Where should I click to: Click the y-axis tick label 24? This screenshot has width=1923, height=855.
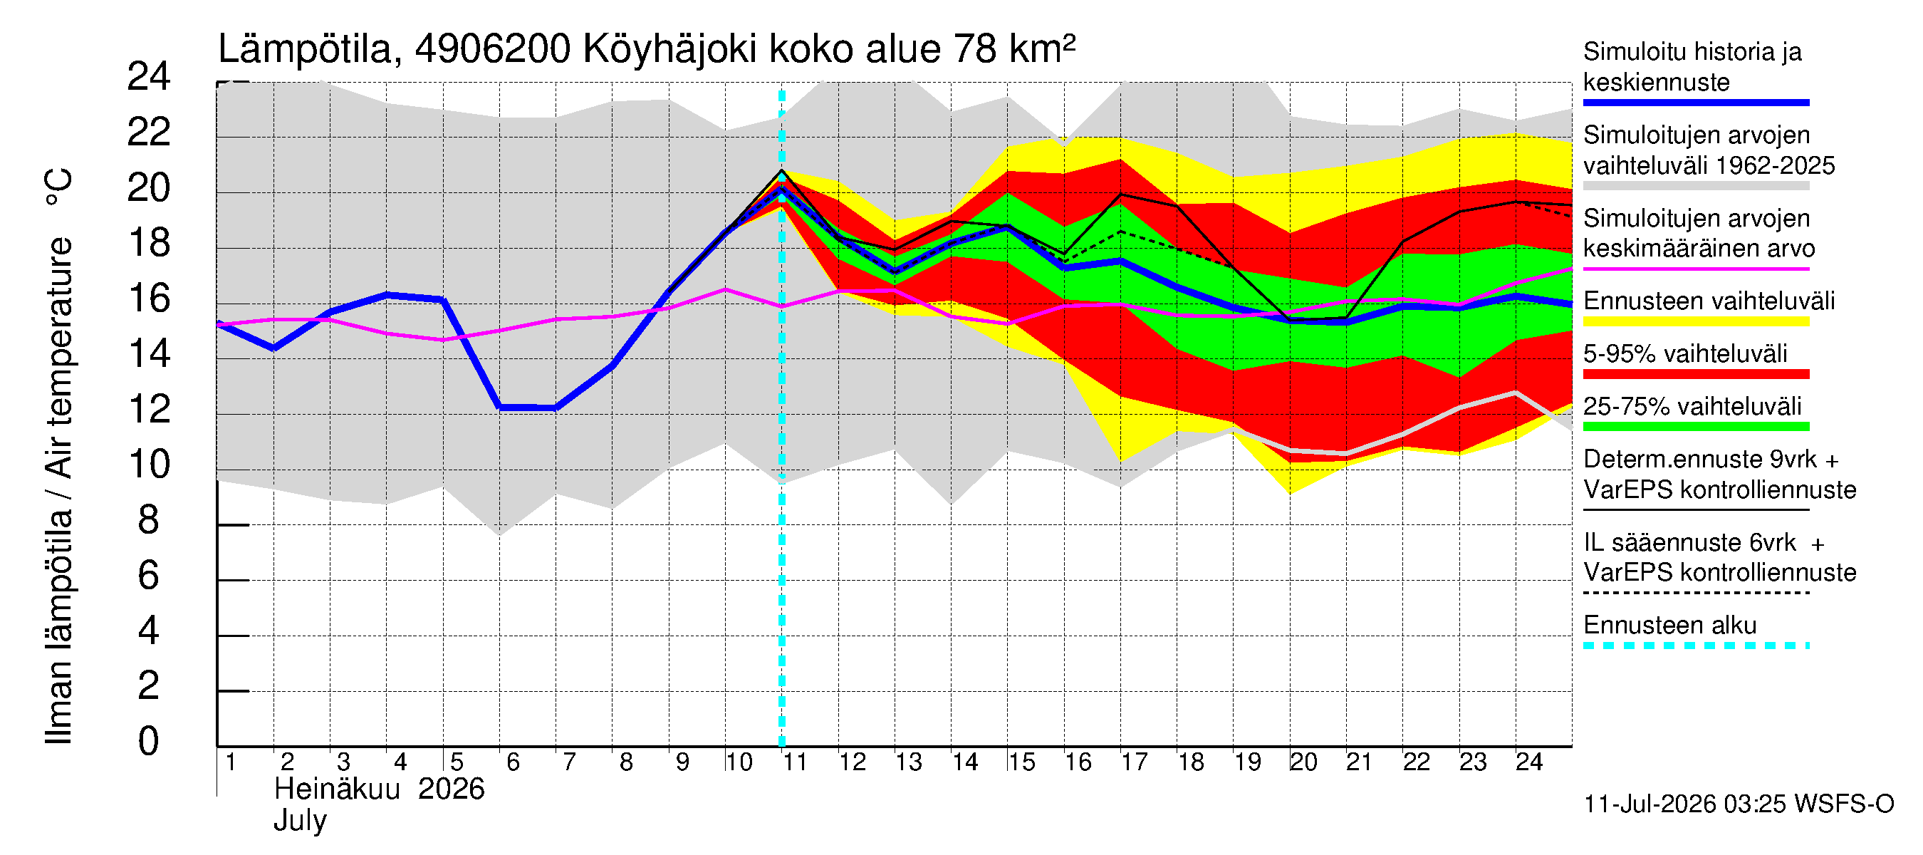(x=149, y=77)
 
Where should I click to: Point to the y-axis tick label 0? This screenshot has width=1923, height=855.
(x=149, y=742)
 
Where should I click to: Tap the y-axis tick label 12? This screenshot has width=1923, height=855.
(x=149, y=409)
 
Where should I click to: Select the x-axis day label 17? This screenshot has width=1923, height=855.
(x=1134, y=762)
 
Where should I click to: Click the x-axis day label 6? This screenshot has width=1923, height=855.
(x=512, y=762)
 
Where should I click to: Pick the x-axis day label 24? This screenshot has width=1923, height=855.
(x=1528, y=762)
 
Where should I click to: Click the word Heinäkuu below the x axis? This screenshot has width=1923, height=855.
(x=338, y=789)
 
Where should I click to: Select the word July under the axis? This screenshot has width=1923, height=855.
(x=300, y=822)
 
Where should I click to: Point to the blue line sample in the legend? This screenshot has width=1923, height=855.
(x=1696, y=103)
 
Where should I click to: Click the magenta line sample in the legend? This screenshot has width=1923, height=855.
(x=1696, y=269)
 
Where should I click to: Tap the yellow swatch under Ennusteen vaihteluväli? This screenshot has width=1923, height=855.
(x=1696, y=322)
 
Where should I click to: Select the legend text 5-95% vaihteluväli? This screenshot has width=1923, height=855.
(x=1686, y=354)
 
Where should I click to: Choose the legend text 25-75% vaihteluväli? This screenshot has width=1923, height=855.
(x=1692, y=407)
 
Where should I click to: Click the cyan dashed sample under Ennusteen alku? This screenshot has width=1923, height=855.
(x=1696, y=646)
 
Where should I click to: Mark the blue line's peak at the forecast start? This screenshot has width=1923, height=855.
(x=781, y=189)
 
